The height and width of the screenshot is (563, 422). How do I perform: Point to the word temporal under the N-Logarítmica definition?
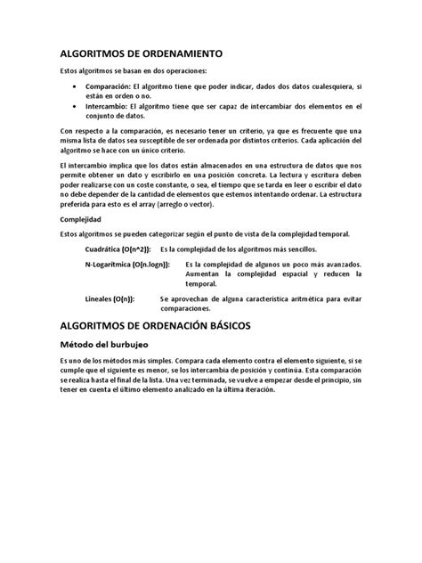(201, 285)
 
